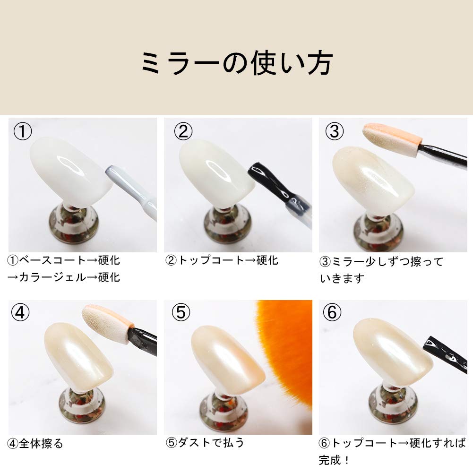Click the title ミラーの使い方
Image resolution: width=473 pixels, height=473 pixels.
(x=237, y=62)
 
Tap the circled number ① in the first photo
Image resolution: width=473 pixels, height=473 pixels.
(x=22, y=131)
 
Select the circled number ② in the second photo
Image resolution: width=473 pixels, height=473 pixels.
(x=183, y=131)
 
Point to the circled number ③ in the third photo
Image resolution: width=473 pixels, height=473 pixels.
(x=334, y=131)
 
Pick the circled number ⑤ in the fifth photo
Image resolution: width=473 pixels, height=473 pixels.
(x=181, y=312)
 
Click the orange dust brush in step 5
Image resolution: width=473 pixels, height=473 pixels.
(x=288, y=345)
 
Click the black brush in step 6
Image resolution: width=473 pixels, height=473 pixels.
(x=447, y=352)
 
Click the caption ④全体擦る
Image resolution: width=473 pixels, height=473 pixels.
(x=35, y=443)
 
